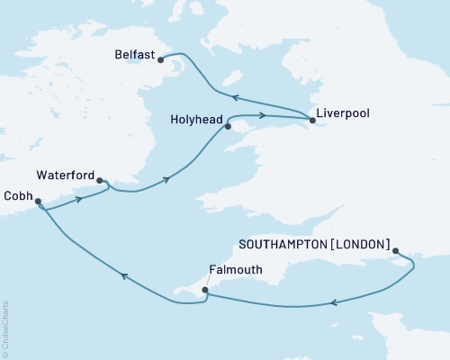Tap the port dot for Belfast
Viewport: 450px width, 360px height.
point(162,60)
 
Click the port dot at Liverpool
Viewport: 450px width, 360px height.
point(312,120)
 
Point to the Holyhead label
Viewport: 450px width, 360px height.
point(195,117)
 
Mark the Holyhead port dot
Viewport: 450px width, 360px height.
point(228,127)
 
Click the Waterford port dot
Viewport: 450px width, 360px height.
point(99,180)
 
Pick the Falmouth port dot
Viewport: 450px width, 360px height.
point(206,290)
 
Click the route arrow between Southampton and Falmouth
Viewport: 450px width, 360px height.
point(335,303)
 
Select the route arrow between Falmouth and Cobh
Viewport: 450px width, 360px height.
point(123,276)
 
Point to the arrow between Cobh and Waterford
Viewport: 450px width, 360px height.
point(79,198)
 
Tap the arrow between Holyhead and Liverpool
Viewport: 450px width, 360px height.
point(263,115)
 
